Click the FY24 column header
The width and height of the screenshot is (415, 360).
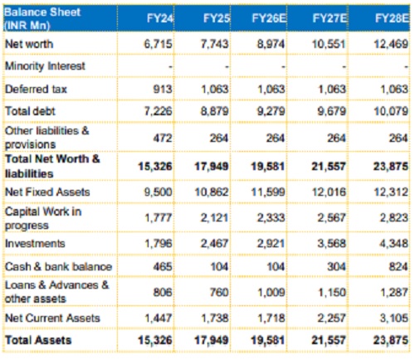pyautogui.click(x=160, y=18)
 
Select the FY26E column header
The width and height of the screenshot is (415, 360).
pyautogui.click(x=269, y=18)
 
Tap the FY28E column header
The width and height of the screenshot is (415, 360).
pyautogui.click(x=392, y=18)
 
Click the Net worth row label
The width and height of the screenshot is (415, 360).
pyautogui.click(x=29, y=44)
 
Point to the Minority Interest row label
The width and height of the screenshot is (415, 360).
pyautogui.click(x=45, y=66)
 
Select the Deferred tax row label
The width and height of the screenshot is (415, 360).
pyautogui.click(x=36, y=90)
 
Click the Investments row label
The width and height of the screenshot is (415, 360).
pyautogui.click(x=35, y=244)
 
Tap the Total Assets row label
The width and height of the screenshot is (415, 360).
pyautogui.click(x=38, y=340)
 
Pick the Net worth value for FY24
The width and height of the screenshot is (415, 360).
pyautogui.click(x=158, y=44)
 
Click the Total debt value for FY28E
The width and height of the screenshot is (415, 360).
pyautogui.click(x=391, y=111)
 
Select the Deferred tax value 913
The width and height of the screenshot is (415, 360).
pyautogui.click(x=163, y=90)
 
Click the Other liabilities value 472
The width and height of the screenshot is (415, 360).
pyautogui.click(x=163, y=138)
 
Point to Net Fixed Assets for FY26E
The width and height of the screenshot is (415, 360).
pyautogui.click(x=268, y=192)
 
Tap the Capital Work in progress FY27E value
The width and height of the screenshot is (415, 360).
pyautogui.click(x=331, y=217)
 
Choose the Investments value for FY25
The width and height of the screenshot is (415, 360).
pyautogui.click(x=215, y=244)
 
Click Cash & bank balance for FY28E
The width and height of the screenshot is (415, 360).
pyautogui.click(x=398, y=266)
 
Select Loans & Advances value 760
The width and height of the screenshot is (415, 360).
pyautogui.click(x=219, y=292)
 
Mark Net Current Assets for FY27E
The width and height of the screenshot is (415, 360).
pyautogui.click(x=331, y=318)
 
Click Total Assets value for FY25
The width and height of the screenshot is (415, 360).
pyautogui.click(x=212, y=340)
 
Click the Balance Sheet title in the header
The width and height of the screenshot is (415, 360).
pyautogui.click(x=42, y=12)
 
